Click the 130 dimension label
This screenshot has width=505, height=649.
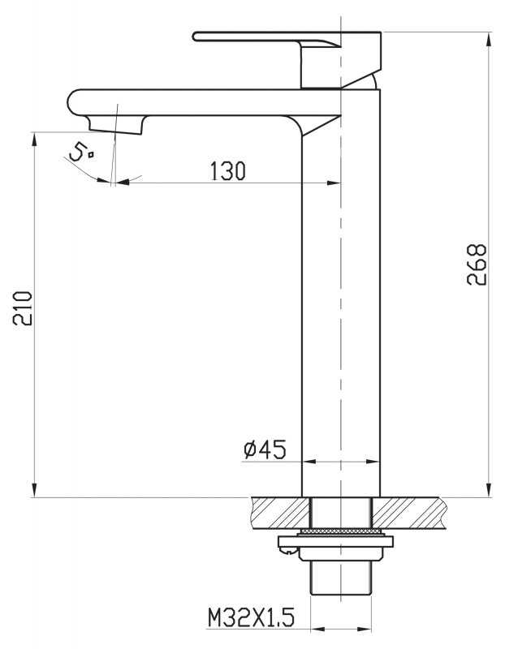point(228,170)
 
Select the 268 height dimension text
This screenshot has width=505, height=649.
point(477,264)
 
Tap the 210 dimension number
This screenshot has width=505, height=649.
point(23,308)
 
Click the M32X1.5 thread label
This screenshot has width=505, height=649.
point(251,618)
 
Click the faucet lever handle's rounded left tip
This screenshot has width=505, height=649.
point(195,37)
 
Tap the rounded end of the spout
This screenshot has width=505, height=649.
point(74,102)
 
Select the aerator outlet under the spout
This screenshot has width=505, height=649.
point(116,125)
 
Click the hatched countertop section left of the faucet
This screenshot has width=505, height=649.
point(280,513)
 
